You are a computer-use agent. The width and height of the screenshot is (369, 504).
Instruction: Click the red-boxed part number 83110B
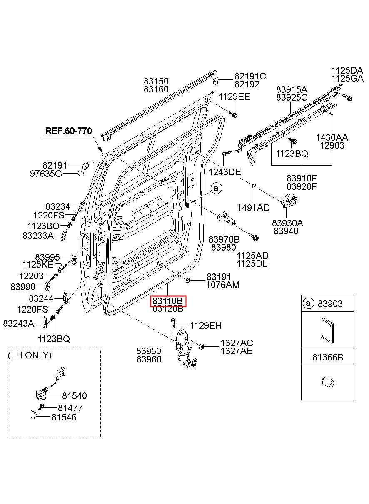click(x=168, y=301)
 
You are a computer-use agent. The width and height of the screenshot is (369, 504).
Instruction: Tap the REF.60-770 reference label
click(x=69, y=131)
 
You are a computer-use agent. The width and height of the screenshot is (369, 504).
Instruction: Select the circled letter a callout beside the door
click(x=216, y=189)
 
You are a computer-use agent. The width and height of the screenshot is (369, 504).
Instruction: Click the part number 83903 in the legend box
click(x=330, y=304)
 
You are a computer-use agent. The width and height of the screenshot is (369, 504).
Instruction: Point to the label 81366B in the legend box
click(x=328, y=357)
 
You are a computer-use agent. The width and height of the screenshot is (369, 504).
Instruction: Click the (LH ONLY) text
click(x=30, y=355)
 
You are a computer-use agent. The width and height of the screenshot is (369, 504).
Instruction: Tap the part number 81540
click(x=75, y=396)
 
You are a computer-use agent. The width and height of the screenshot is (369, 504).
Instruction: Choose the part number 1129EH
click(x=206, y=325)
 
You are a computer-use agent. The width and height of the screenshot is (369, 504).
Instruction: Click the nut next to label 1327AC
click(x=202, y=346)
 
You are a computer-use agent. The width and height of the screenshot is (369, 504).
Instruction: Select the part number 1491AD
click(x=254, y=208)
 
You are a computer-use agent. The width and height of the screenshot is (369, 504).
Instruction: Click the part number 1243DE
click(x=224, y=172)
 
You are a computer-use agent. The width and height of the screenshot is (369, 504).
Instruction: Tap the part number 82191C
click(x=250, y=76)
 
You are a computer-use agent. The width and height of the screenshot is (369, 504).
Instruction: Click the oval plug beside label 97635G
click(x=81, y=174)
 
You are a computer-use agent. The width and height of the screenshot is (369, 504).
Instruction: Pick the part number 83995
click(x=47, y=257)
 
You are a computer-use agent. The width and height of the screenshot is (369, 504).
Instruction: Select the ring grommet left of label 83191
click(x=188, y=281)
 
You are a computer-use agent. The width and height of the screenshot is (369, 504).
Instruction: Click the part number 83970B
click(x=224, y=239)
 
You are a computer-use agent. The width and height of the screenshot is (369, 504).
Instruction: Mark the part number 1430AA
click(x=332, y=137)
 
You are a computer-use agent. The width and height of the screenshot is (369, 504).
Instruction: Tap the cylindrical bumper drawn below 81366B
click(x=328, y=382)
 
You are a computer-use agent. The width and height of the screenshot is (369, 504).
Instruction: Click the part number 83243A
click(x=18, y=323)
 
